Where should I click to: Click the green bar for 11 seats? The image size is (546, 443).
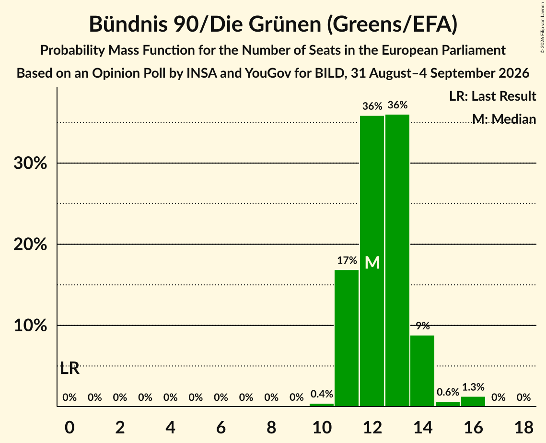pyautogui.click(x=347, y=338)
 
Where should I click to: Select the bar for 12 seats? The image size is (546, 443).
pyautogui.click(x=372, y=261)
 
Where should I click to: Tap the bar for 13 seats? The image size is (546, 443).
pyautogui.click(x=397, y=260)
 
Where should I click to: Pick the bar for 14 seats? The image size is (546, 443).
pyautogui.click(x=422, y=371)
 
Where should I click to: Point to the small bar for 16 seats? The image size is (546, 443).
pyautogui.click(x=473, y=401)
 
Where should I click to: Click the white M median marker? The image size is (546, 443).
pyautogui.click(x=372, y=263)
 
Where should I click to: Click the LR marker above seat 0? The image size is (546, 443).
pyautogui.click(x=70, y=368)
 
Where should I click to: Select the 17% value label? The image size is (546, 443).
pyautogui.click(x=347, y=260)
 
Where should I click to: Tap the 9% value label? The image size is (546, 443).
pyautogui.click(x=423, y=326)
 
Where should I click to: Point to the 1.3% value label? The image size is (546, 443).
pyautogui.click(x=473, y=387)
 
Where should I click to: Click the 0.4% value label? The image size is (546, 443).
pyautogui.click(x=322, y=394)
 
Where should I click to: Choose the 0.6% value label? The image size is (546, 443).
pyautogui.click(x=448, y=392)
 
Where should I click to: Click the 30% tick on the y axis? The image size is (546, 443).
pyautogui.click(x=30, y=163)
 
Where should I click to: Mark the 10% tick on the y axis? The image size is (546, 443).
pyautogui.click(x=30, y=326)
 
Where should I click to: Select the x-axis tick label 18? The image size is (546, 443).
pyautogui.click(x=524, y=427)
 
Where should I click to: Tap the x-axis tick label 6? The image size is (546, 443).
pyautogui.click(x=221, y=427)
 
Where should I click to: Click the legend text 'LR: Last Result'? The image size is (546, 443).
pyautogui.click(x=492, y=96)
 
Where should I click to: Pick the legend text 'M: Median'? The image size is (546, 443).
pyautogui.click(x=504, y=119)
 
